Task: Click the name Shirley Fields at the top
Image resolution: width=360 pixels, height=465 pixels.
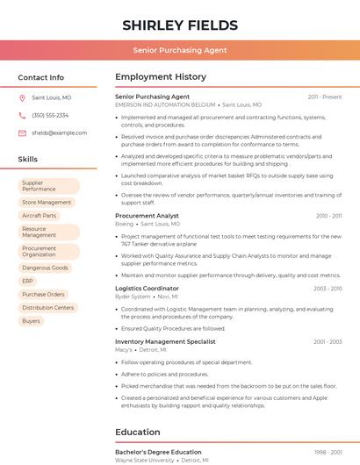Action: click(180, 25)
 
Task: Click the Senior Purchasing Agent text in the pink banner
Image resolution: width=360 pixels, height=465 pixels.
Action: click(180, 51)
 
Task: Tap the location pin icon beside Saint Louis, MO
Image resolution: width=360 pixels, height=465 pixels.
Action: click(22, 98)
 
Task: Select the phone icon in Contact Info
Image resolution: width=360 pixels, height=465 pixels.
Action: click(22, 115)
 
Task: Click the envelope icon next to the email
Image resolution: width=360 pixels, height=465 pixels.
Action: click(22, 132)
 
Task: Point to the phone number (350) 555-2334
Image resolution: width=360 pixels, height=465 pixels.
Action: click(50, 115)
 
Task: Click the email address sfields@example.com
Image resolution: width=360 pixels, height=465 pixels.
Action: click(59, 132)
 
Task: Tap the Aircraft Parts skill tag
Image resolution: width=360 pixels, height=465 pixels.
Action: click(39, 216)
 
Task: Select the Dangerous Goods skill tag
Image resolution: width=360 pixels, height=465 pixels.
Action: click(45, 268)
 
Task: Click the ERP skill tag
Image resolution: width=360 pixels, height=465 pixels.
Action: click(27, 281)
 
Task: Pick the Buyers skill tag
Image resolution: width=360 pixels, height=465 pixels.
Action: click(31, 321)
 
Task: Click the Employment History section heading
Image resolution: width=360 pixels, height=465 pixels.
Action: click(160, 77)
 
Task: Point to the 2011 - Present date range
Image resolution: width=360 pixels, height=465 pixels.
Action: click(325, 97)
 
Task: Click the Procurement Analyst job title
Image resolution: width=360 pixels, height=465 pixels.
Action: click(147, 216)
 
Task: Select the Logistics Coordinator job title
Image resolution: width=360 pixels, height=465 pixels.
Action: click(147, 289)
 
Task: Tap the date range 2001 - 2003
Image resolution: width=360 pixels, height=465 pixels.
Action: click(328, 341)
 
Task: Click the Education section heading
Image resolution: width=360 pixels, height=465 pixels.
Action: click(138, 432)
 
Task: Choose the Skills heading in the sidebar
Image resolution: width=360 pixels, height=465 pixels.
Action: click(28, 160)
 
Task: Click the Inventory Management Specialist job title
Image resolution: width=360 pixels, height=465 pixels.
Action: click(165, 341)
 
